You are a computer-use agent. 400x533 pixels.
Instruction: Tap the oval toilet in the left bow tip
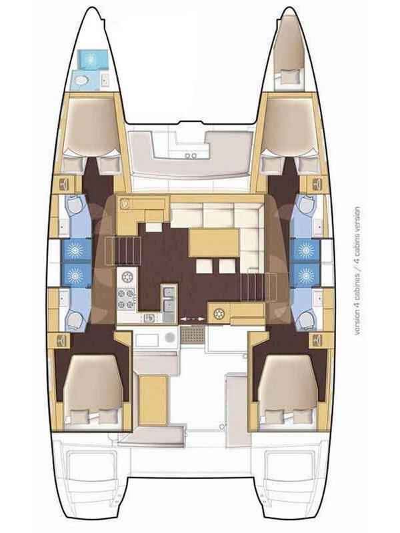[80, 81]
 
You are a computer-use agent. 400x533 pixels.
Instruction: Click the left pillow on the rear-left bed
[79, 416]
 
